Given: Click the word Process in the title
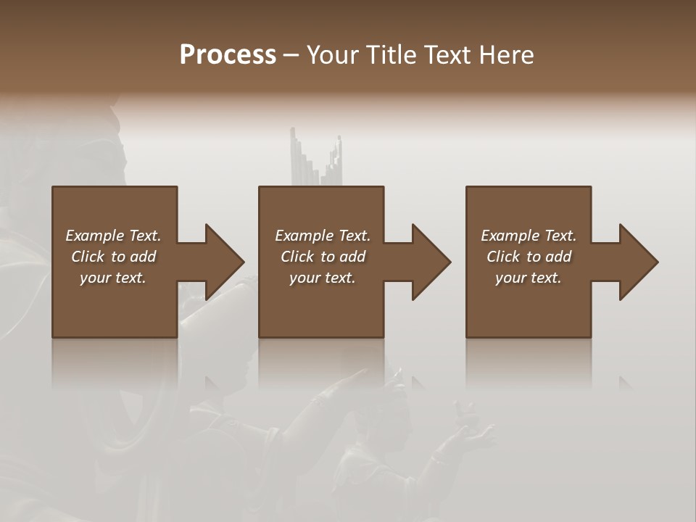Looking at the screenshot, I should [x=228, y=55].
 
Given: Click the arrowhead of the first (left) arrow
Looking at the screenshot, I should [x=224, y=262].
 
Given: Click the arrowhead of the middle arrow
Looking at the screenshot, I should [x=431, y=262].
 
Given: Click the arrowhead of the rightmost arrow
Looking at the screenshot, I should [x=639, y=262].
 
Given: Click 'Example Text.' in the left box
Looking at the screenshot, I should [x=113, y=236].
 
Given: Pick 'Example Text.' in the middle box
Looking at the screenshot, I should [x=322, y=236].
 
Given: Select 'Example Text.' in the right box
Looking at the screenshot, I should [x=529, y=236].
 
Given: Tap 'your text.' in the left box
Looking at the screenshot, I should [x=113, y=278].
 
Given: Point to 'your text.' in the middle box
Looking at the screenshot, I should [x=322, y=278].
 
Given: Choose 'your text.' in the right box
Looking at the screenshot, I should [x=529, y=278].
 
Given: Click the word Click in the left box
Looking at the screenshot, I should [x=88, y=257].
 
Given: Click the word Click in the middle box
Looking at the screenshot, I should [x=297, y=257].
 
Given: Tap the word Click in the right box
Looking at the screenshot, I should [x=503, y=257].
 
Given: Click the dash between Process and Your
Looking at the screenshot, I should [x=291, y=56].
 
